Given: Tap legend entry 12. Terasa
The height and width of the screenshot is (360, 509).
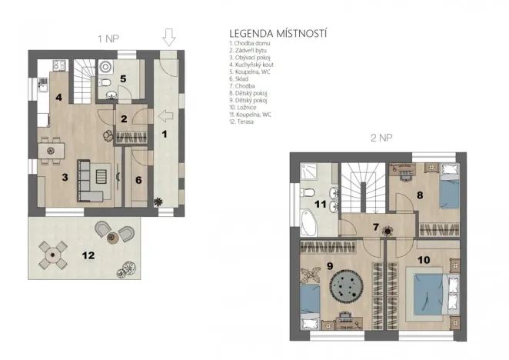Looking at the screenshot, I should [244, 122].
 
